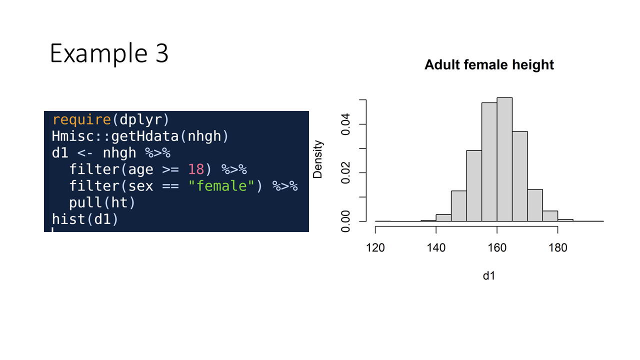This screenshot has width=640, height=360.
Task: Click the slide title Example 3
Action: (x=109, y=53)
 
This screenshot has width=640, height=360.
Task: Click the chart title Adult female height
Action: (x=489, y=65)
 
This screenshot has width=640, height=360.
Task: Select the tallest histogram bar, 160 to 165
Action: (x=504, y=159)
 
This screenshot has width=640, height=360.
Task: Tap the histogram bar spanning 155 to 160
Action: (x=489, y=162)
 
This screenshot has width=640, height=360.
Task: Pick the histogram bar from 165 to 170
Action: (x=519, y=176)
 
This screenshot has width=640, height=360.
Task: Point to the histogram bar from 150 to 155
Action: (x=474, y=185)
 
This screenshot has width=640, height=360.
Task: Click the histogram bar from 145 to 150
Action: (x=459, y=206)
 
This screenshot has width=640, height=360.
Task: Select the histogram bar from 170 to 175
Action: (x=535, y=205)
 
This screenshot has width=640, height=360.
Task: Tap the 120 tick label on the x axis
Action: (x=375, y=247)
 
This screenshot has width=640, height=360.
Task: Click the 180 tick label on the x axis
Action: (x=557, y=247)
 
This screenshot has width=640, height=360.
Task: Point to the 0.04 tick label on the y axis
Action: (x=345, y=124)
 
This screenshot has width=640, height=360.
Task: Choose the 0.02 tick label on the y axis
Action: (x=345, y=173)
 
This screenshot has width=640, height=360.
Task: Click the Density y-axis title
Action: (x=317, y=159)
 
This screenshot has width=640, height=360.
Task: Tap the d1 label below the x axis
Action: (x=489, y=275)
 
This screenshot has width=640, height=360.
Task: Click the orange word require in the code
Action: (x=81, y=119)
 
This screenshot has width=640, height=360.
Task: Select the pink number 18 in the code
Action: (x=196, y=169)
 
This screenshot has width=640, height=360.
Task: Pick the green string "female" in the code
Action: (x=221, y=186)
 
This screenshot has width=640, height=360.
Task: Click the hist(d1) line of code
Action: (x=85, y=219)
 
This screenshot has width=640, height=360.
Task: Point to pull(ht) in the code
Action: (x=101, y=203)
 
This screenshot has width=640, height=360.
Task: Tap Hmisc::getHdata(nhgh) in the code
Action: (x=140, y=136)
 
